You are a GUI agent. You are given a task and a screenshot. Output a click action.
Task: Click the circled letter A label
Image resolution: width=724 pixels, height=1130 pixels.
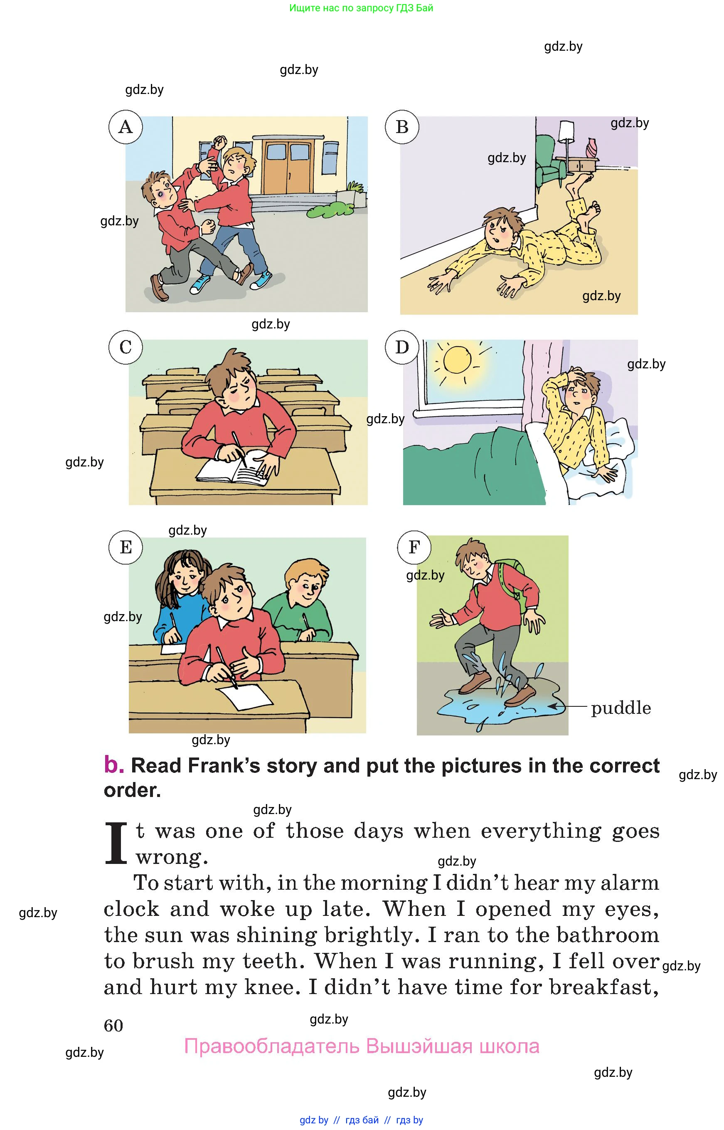click(x=126, y=127)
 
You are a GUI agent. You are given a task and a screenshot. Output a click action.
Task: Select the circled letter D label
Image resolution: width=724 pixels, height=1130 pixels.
click(x=402, y=348)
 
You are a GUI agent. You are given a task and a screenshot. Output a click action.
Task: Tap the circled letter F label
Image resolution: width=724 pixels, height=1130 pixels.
click(x=414, y=548)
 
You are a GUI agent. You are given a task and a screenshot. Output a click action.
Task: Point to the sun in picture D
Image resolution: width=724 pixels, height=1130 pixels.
click(x=457, y=359)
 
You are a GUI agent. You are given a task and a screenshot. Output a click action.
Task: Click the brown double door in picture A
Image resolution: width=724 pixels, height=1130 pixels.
click(x=287, y=165)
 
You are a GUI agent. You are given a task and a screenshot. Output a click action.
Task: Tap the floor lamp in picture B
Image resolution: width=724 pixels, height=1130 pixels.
click(x=566, y=141)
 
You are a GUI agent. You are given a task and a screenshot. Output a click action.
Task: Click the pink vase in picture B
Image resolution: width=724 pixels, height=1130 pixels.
click(x=591, y=147)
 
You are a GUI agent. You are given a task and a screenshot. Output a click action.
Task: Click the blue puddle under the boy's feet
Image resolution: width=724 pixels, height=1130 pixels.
click(x=501, y=706)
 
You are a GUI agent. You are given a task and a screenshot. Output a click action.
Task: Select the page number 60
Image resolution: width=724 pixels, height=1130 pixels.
click(x=113, y=1026)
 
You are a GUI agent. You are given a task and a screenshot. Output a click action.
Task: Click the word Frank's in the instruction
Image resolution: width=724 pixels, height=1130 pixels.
click(x=224, y=766)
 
